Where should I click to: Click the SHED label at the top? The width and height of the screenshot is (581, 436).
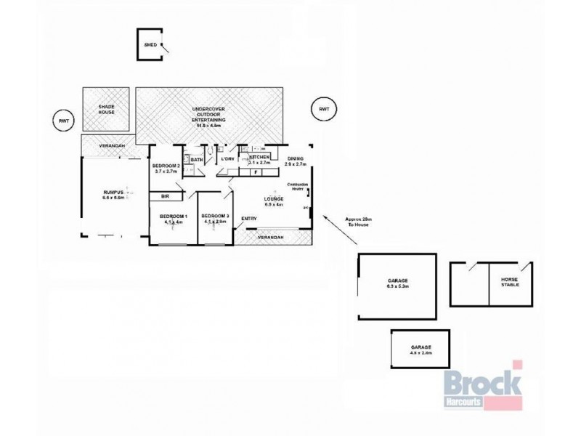[x=150, y=44]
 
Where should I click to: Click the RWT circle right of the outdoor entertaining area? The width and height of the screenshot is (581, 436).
[x=323, y=109]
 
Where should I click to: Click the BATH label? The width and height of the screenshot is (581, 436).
[x=197, y=160]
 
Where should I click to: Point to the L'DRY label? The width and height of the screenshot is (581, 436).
[x=227, y=159]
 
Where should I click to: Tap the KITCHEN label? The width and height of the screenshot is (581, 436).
[x=259, y=158]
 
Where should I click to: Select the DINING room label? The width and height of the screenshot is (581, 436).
[x=295, y=161]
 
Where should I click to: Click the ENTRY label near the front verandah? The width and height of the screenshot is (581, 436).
[x=249, y=219]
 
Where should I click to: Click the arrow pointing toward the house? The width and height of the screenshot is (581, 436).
[x=333, y=224]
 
